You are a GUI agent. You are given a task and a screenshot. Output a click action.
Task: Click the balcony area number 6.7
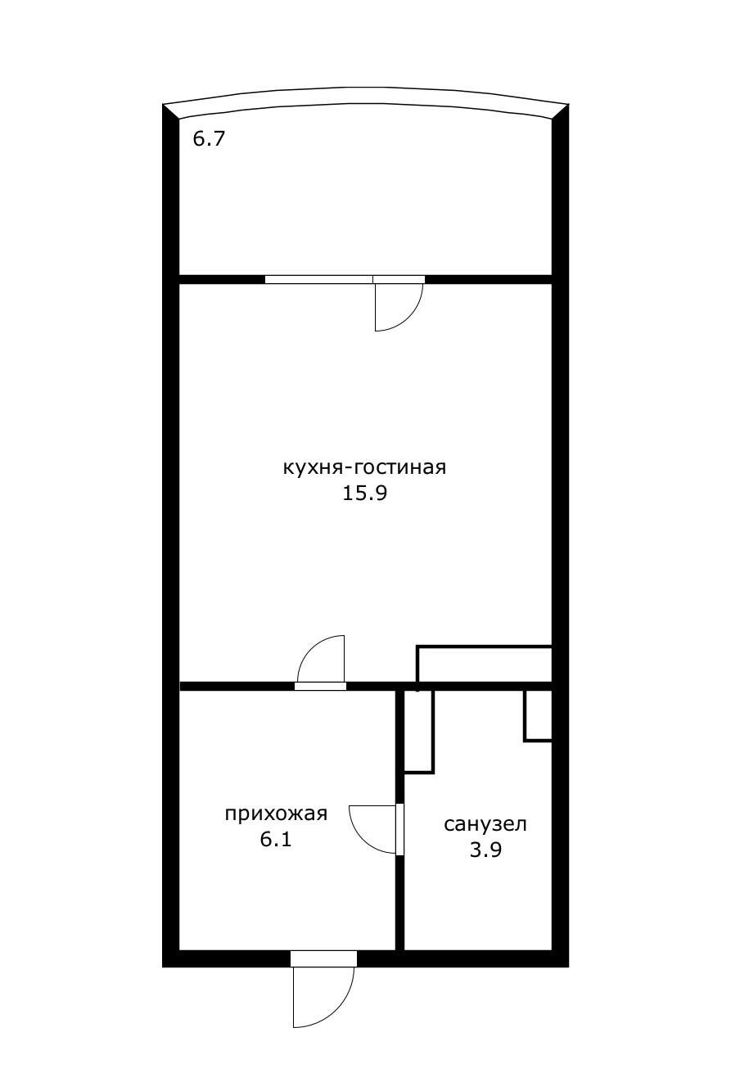[x=208, y=138]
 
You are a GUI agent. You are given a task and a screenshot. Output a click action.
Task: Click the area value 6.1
[x=276, y=839]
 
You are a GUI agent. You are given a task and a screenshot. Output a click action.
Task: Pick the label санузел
[x=485, y=824]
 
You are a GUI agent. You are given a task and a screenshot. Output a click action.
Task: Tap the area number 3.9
[x=485, y=850]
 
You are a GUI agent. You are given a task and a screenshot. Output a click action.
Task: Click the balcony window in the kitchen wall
[x=318, y=279]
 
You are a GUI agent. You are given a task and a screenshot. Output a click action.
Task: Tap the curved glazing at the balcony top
[x=365, y=97]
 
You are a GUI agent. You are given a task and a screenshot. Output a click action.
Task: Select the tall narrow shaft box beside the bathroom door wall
[x=419, y=731]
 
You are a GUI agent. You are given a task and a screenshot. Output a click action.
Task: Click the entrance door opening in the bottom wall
[x=324, y=958]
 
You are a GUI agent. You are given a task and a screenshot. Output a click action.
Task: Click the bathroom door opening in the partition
[x=400, y=829]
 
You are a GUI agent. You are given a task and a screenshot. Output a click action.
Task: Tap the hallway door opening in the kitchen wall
[x=320, y=686]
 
